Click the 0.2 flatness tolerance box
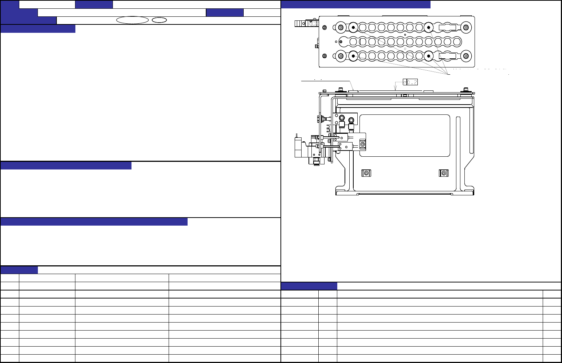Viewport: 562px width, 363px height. click(x=410, y=82)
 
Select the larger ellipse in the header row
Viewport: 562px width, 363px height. click(x=133, y=20)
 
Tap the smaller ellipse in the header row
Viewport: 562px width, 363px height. click(x=159, y=20)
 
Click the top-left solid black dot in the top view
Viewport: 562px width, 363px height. click(x=353, y=27)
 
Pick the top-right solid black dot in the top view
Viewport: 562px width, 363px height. click(x=429, y=27)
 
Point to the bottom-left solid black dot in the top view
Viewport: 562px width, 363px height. click(x=353, y=56)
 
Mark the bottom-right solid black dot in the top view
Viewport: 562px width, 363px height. click(x=429, y=56)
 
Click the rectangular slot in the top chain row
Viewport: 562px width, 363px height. click(x=447, y=27)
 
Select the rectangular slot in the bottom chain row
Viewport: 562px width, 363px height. click(x=447, y=56)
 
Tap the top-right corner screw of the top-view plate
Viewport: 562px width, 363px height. click(x=466, y=27)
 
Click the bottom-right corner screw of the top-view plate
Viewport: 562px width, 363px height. click(x=466, y=56)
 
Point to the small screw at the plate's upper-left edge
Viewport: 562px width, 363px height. click(x=325, y=27)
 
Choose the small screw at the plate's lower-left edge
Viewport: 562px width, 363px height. click(x=325, y=56)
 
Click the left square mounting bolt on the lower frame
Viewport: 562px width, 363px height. click(x=366, y=173)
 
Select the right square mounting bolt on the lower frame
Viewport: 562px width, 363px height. click(x=443, y=173)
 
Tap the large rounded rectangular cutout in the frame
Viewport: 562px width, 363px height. click(x=405, y=136)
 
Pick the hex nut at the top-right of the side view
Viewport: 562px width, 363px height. click(x=466, y=90)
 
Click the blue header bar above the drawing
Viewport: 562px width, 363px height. click(x=356, y=4)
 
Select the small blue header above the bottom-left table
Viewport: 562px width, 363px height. click(x=19, y=270)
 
